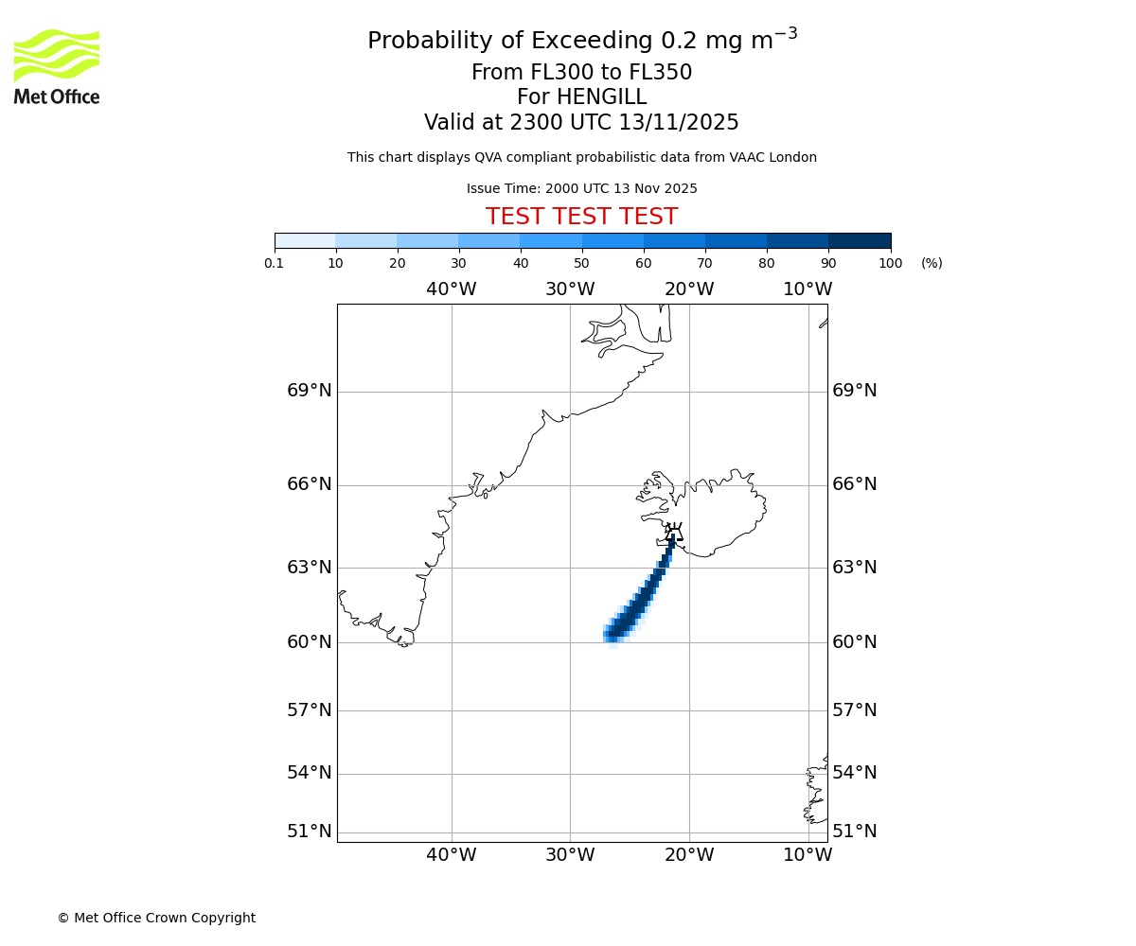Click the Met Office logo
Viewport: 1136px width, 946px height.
(57, 66)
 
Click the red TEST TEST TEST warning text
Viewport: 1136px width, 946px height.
(581, 218)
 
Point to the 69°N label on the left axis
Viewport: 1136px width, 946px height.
(310, 391)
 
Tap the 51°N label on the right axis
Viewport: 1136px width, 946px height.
(854, 832)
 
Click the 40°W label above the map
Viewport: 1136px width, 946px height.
(451, 289)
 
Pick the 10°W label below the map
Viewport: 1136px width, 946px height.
(808, 855)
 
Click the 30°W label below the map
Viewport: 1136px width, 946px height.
(570, 855)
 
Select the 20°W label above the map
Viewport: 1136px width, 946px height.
(689, 289)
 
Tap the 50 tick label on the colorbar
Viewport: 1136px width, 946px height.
(581, 263)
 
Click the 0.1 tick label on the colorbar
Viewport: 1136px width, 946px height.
(274, 263)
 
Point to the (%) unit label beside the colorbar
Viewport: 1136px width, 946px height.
(932, 263)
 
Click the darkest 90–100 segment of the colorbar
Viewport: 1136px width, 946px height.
(860, 240)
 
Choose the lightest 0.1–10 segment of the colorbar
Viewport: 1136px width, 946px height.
(305, 240)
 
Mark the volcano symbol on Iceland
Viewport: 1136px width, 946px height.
(673, 532)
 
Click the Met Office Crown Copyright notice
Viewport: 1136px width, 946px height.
(156, 918)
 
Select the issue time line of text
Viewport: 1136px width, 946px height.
(581, 188)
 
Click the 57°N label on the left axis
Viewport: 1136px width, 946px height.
(310, 710)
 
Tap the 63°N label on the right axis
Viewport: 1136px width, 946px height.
(854, 568)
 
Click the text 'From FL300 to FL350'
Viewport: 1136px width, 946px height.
(581, 73)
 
